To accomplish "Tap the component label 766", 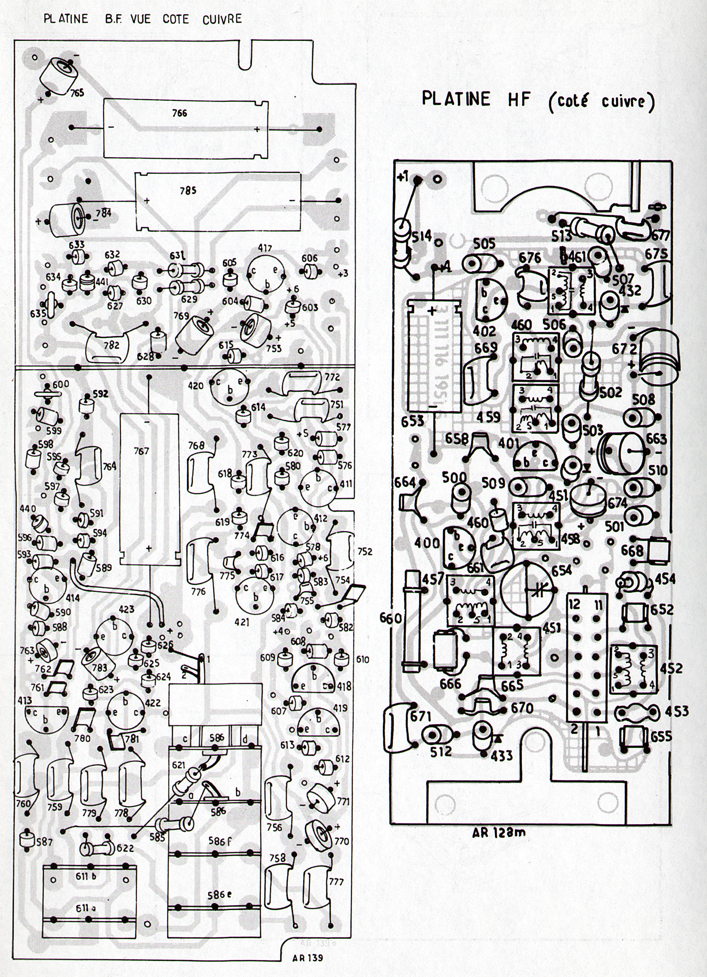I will [179, 113].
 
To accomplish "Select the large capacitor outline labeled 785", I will [218, 201].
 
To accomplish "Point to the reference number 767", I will [141, 451].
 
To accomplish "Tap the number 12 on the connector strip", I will [575, 605].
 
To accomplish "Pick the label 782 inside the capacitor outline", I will [112, 345].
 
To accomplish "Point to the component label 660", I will [391, 619].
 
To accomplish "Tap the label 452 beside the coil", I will [671, 669].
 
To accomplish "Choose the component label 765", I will [77, 92].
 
